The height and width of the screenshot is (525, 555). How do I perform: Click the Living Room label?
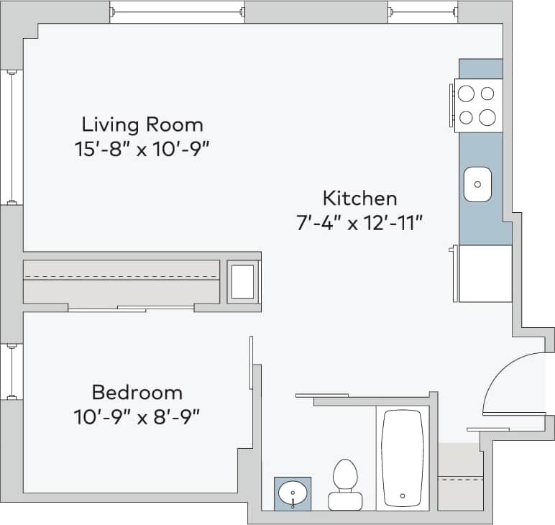(142, 124)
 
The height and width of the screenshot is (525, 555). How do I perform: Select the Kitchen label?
(359, 197)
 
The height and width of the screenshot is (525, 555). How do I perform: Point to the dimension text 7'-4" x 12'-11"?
(359, 222)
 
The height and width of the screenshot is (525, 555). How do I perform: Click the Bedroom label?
(137, 393)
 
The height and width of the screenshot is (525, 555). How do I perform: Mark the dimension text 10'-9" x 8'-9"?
(137, 416)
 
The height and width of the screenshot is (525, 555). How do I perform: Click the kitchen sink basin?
(477, 184)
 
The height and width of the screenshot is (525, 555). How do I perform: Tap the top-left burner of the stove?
(467, 93)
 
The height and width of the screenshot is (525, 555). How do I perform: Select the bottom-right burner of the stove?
(487, 117)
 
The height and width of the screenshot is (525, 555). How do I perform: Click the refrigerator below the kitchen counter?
(485, 273)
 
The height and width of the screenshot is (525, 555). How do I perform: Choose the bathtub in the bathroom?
(403, 457)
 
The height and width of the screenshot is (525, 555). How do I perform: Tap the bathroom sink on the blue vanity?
(293, 494)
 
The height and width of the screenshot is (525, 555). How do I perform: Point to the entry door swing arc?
(506, 374)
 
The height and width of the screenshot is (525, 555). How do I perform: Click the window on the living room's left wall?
(12, 137)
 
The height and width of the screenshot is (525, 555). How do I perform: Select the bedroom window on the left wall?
(12, 371)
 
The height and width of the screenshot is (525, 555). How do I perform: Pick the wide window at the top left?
(177, 12)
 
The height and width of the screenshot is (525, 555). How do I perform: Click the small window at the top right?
(423, 12)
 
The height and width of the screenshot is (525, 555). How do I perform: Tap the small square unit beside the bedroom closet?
(243, 281)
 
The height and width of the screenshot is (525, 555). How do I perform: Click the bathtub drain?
(403, 496)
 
